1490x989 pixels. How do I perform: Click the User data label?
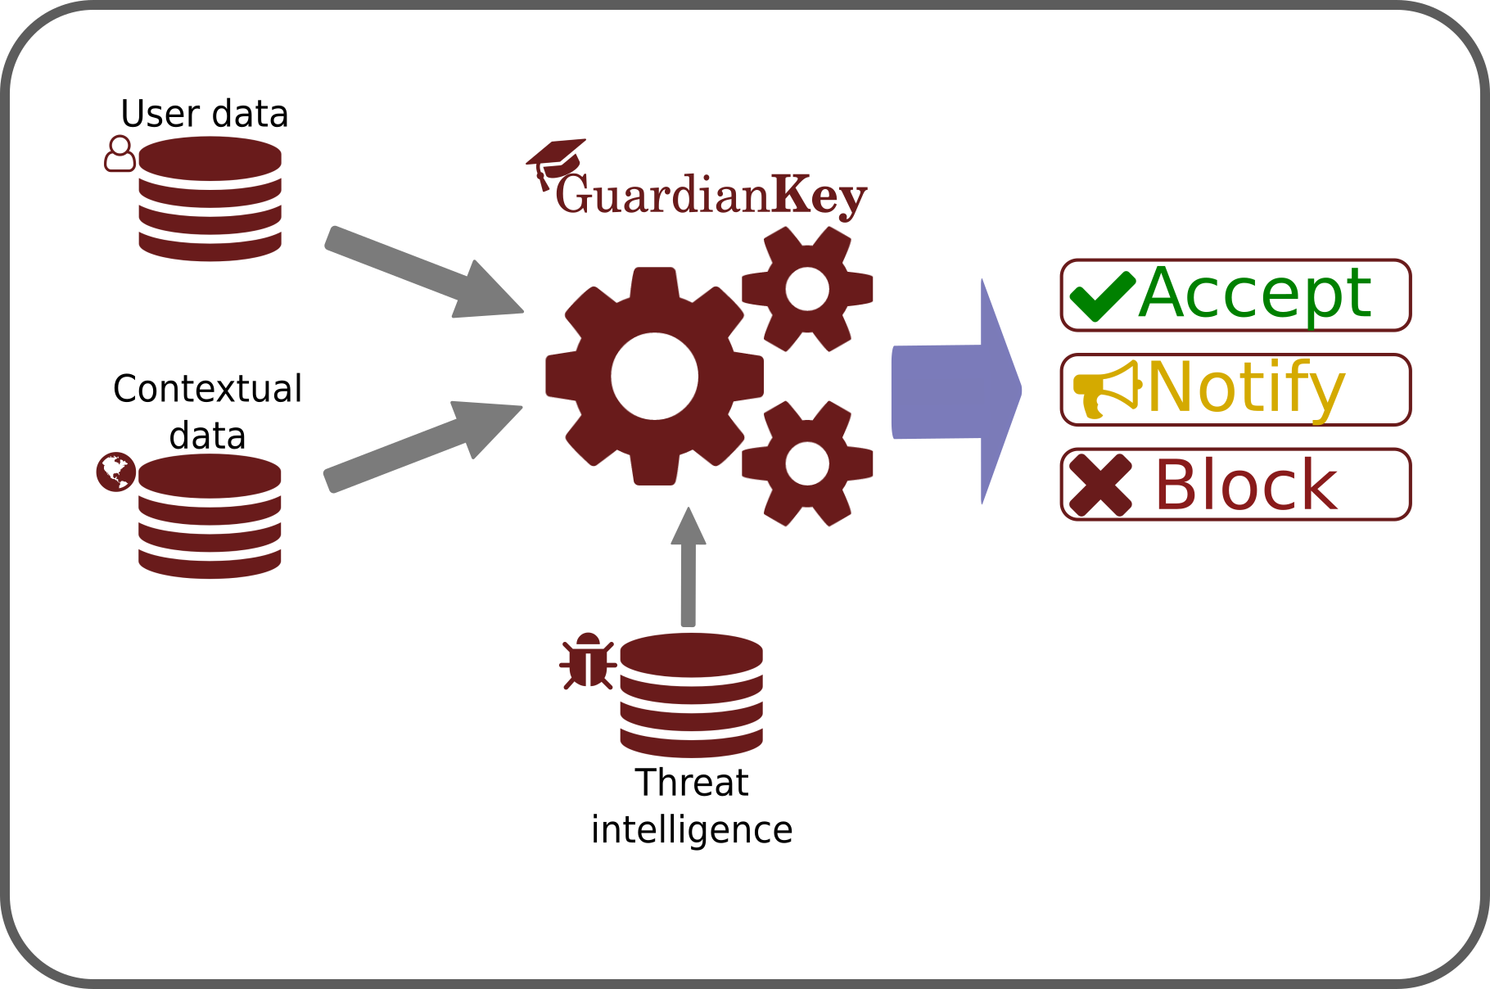205,113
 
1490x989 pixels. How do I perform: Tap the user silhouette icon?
120,154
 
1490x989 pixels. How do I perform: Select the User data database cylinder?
210,199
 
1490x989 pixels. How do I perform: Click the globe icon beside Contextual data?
115,472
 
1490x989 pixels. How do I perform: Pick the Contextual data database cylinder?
210,517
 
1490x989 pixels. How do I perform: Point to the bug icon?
588,660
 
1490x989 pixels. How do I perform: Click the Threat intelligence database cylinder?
692,695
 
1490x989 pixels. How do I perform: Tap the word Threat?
692,783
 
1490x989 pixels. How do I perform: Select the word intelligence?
692,830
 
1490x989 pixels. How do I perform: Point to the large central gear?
654,377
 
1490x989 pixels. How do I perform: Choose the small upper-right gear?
807,289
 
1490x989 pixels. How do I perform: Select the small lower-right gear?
807,463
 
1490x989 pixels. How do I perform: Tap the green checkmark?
1102,296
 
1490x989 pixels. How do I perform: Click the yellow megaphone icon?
1107,390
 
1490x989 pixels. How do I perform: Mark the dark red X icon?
1101,485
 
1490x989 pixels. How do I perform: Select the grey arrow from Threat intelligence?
689,567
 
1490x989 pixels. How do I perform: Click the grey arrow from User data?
424,272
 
